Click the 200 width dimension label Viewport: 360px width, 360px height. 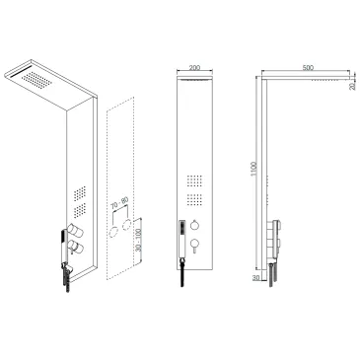coord(194,68)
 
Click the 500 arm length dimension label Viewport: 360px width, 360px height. coord(308,68)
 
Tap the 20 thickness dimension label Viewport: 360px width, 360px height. coord(353,87)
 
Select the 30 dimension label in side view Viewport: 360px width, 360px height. coord(256,277)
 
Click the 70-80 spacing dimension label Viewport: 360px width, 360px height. coord(119,203)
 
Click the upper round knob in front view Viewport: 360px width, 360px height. coord(194,225)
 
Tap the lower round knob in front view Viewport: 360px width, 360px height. coord(194,244)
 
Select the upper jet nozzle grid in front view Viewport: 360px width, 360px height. coord(195,181)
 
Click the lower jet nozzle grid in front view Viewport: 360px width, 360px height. coord(195,200)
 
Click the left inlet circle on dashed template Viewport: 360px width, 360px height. coord(114,232)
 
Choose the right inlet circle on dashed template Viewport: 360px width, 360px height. coord(127,225)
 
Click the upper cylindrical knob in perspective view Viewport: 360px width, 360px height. coord(75,231)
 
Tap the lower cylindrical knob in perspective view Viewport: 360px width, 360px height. coord(75,247)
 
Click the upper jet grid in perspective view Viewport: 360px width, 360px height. coord(80,193)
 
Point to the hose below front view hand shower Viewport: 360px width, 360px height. coord(181,273)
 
